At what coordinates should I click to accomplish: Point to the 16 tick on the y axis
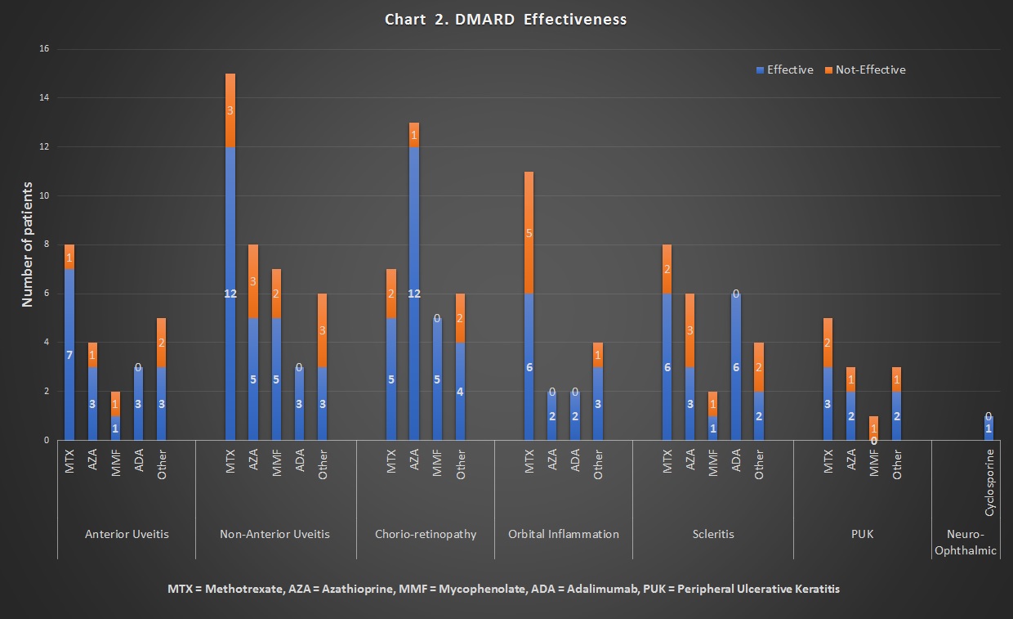pos(44,49)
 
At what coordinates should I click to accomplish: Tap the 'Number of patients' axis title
pos(28,244)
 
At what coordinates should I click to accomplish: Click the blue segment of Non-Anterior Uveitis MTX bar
pos(230,294)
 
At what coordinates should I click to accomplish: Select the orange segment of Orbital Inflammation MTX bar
pos(529,233)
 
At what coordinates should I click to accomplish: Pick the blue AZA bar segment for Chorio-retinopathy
pos(414,294)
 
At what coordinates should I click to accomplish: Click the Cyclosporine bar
pos(989,428)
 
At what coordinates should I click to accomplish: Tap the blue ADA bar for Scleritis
pos(736,367)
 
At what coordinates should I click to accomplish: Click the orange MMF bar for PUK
pos(874,428)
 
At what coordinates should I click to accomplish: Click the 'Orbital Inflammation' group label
pos(564,534)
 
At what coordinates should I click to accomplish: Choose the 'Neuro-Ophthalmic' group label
pos(966,542)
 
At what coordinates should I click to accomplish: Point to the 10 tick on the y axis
pos(44,196)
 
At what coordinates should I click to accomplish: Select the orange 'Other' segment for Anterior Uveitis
pos(161,343)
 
